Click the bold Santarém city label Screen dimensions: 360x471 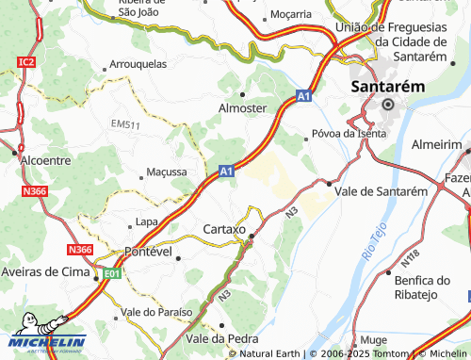387,86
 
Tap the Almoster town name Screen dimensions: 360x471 243,108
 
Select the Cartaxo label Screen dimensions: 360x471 224,229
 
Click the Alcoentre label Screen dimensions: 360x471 44,160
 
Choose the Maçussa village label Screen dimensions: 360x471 167,172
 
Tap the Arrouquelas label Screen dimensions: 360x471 138,65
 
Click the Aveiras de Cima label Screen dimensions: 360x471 46,272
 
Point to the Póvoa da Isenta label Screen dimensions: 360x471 348,133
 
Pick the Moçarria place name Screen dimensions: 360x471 290,14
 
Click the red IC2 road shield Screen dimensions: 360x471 25,62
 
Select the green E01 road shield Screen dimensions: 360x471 113,273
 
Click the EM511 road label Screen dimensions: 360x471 125,124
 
